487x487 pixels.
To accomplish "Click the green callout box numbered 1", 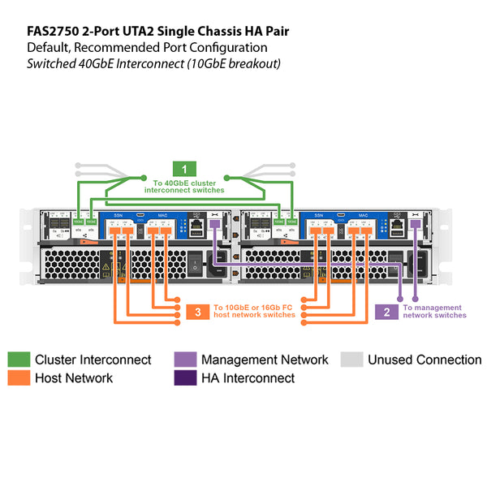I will pyautogui.click(x=188, y=169).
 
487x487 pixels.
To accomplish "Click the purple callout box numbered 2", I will pyautogui.click(x=387, y=312).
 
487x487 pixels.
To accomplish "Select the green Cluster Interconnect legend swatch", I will pyautogui.click(x=19, y=360).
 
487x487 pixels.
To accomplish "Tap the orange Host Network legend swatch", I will pyautogui.click(x=19, y=377).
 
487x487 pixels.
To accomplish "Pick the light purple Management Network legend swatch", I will pyautogui.click(x=185, y=360).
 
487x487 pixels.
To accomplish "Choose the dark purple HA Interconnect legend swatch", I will pyautogui.click(x=185, y=377).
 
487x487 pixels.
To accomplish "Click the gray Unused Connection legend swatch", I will pyautogui.click(x=351, y=360).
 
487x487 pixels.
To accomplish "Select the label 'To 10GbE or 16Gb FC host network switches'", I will pyautogui.click(x=253, y=312).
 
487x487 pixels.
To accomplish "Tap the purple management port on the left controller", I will pyautogui.click(x=214, y=224).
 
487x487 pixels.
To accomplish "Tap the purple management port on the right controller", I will pyautogui.click(x=415, y=224).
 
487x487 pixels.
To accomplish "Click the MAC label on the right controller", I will pyautogui.click(x=361, y=215).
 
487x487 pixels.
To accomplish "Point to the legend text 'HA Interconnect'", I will pyautogui.click(x=248, y=378).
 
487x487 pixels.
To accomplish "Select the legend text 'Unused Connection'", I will pyautogui.click(x=425, y=360).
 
